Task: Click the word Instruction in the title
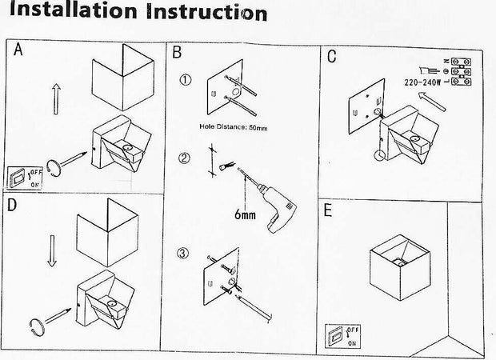[205, 14]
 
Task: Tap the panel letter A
[18, 50]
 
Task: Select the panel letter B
[178, 54]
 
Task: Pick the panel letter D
[12, 205]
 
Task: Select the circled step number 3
[183, 254]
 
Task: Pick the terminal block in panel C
[459, 71]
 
